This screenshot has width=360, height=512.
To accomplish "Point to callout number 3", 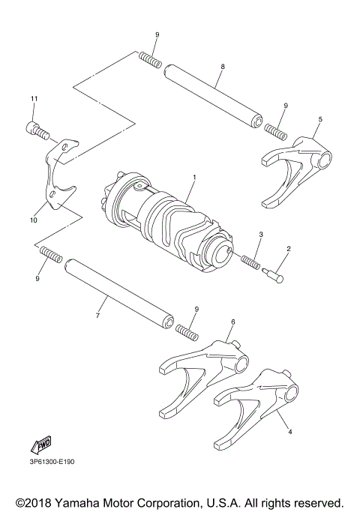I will [259, 235].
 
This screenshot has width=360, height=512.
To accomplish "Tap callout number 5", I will [320, 119].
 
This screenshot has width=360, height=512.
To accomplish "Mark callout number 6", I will [232, 322].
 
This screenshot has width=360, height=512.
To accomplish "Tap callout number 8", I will [223, 67].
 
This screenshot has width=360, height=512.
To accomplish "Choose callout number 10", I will [33, 220].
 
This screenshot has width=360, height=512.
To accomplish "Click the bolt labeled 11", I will [37, 130].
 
